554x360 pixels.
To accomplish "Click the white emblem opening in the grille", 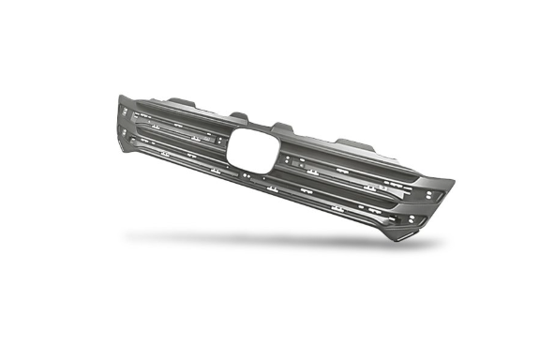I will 252,148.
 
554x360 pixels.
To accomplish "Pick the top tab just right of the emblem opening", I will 283,127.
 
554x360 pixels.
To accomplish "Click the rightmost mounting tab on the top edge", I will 353,143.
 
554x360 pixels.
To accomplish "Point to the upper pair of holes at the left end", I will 124,112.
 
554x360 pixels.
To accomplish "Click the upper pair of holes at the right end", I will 428,196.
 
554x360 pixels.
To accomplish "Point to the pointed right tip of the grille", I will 453,182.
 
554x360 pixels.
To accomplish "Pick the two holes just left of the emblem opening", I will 222,138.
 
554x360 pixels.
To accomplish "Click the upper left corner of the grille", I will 120,96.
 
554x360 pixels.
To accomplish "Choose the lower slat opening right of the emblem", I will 347,192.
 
